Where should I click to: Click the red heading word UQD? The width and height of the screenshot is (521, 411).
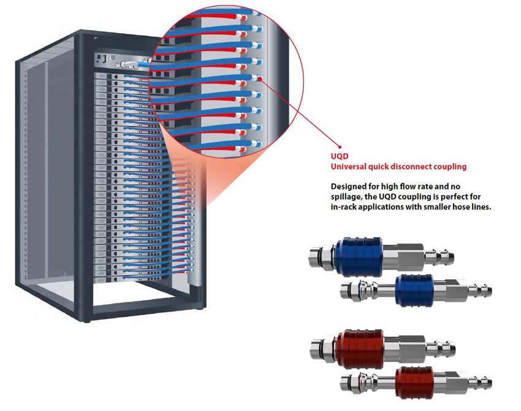338,156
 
